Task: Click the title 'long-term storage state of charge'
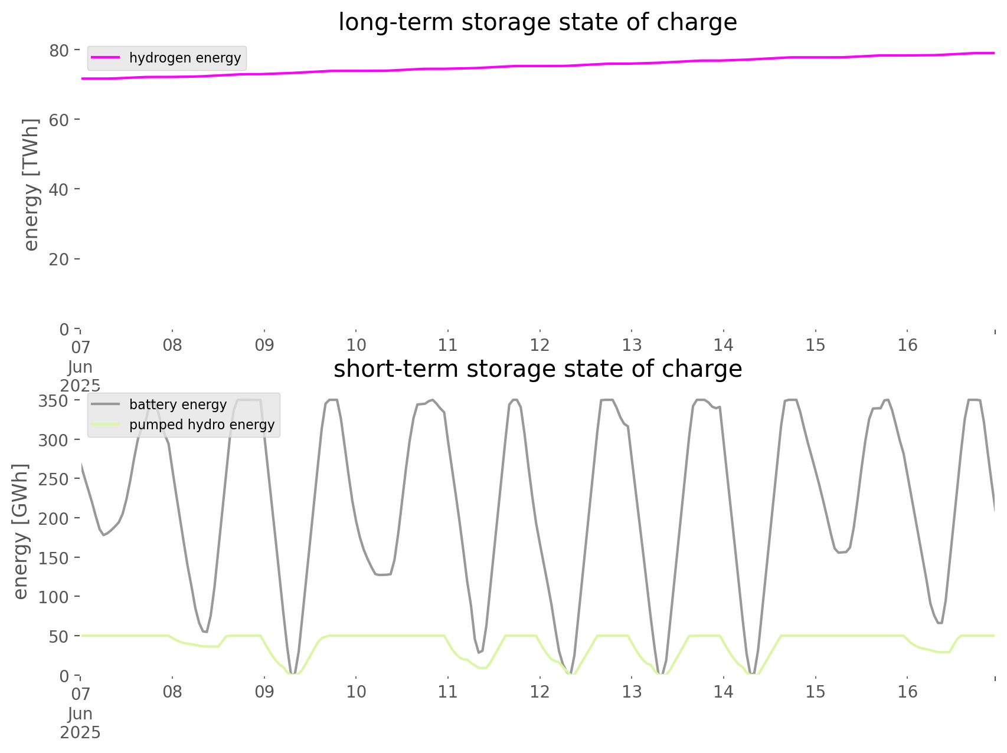point(537,22)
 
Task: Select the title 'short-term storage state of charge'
point(537,369)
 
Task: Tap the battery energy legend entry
point(178,405)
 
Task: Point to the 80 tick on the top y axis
point(59,51)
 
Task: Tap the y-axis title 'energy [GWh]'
point(21,531)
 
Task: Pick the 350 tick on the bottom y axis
point(54,401)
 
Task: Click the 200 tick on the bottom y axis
point(54,518)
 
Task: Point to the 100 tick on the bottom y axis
point(54,597)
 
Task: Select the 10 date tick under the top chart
point(356,345)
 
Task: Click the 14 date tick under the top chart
point(724,345)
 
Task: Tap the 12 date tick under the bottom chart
point(540,692)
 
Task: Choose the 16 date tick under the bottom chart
point(907,692)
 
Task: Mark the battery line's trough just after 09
point(293,673)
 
